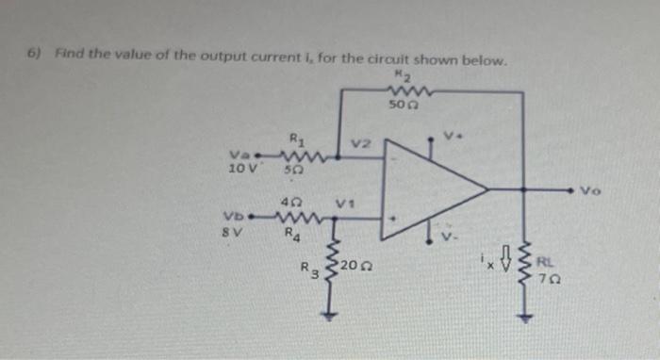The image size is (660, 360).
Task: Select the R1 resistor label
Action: pos(295,143)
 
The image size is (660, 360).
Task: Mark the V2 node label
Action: pos(360,144)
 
